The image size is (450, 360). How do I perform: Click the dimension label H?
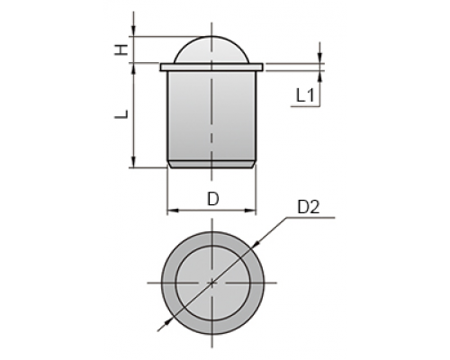121,49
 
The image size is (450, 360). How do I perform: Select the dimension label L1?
305,96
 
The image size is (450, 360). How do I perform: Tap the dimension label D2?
309,207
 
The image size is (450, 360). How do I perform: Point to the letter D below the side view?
213,199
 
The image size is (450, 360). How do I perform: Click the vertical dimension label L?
121,114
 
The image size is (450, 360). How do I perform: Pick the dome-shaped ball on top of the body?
211,49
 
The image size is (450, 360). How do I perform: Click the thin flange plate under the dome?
211,67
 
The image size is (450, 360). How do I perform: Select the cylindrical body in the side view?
211,117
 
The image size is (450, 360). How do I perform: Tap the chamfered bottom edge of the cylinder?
211,165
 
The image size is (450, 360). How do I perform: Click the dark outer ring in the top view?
168,283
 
